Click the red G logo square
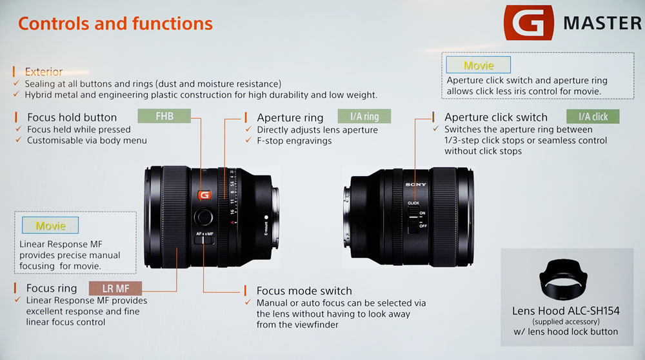tap(529, 22)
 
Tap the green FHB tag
tap(164, 116)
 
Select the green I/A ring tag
tap(364, 116)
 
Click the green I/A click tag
tap(593, 117)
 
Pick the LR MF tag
tap(115, 288)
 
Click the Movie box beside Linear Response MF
tap(50, 225)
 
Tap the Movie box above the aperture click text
tap(479, 65)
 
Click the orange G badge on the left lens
tap(204, 195)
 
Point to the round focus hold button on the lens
tap(204, 216)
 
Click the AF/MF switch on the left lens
tap(204, 240)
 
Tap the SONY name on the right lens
tap(415, 185)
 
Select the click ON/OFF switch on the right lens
tap(413, 219)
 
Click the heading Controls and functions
tap(115, 23)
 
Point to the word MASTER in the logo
tap(602, 23)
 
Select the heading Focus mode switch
tap(304, 291)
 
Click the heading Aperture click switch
tap(495, 117)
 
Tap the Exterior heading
tap(44, 72)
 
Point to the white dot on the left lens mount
tap(266, 217)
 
